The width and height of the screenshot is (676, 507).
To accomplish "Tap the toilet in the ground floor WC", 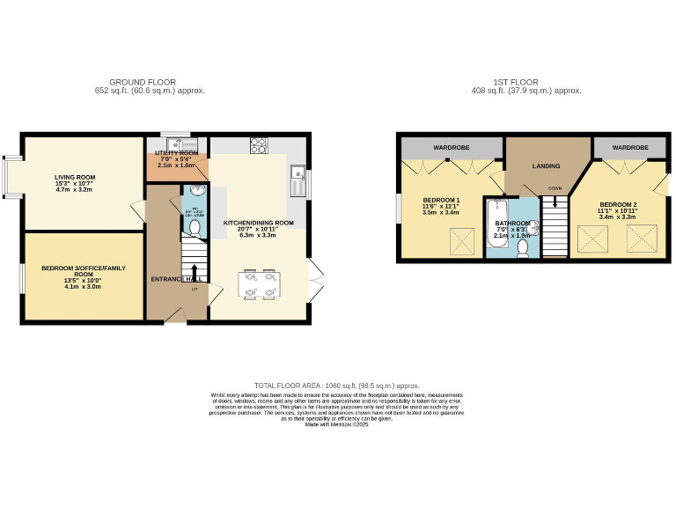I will click(x=195, y=229).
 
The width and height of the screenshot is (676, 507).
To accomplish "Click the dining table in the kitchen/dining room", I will click(x=261, y=285).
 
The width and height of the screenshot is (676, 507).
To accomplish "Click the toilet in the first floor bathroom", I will click(x=523, y=248).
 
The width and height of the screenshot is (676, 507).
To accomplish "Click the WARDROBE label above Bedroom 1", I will click(x=450, y=147).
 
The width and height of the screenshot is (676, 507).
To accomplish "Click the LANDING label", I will click(x=547, y=165).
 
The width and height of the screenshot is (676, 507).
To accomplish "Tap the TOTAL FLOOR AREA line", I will click(x=337, y=386).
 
